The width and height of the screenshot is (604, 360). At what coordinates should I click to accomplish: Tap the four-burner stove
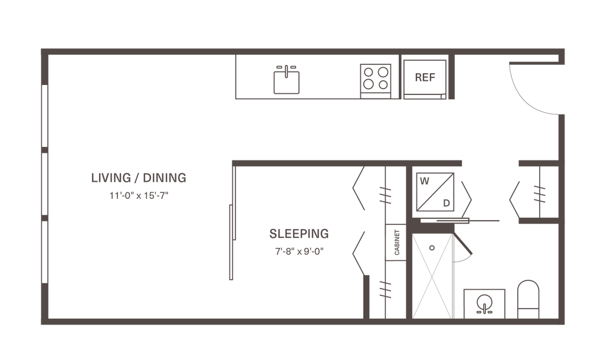(375, 78)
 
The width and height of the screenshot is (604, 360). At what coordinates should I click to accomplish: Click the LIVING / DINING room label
(139, 177)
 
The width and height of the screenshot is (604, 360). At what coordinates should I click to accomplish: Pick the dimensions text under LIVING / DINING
(139, 197)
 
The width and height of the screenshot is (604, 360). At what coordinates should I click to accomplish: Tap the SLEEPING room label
(298, 233)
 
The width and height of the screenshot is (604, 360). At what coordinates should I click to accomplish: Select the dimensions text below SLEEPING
(298, 250)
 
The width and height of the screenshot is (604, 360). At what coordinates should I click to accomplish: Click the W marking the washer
(424, 182)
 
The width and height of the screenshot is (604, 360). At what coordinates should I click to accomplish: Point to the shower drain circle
(432, 248)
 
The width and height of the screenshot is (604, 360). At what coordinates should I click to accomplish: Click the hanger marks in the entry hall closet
(537, 193)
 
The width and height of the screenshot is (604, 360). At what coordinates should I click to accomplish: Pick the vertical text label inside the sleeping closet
(396, 242)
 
